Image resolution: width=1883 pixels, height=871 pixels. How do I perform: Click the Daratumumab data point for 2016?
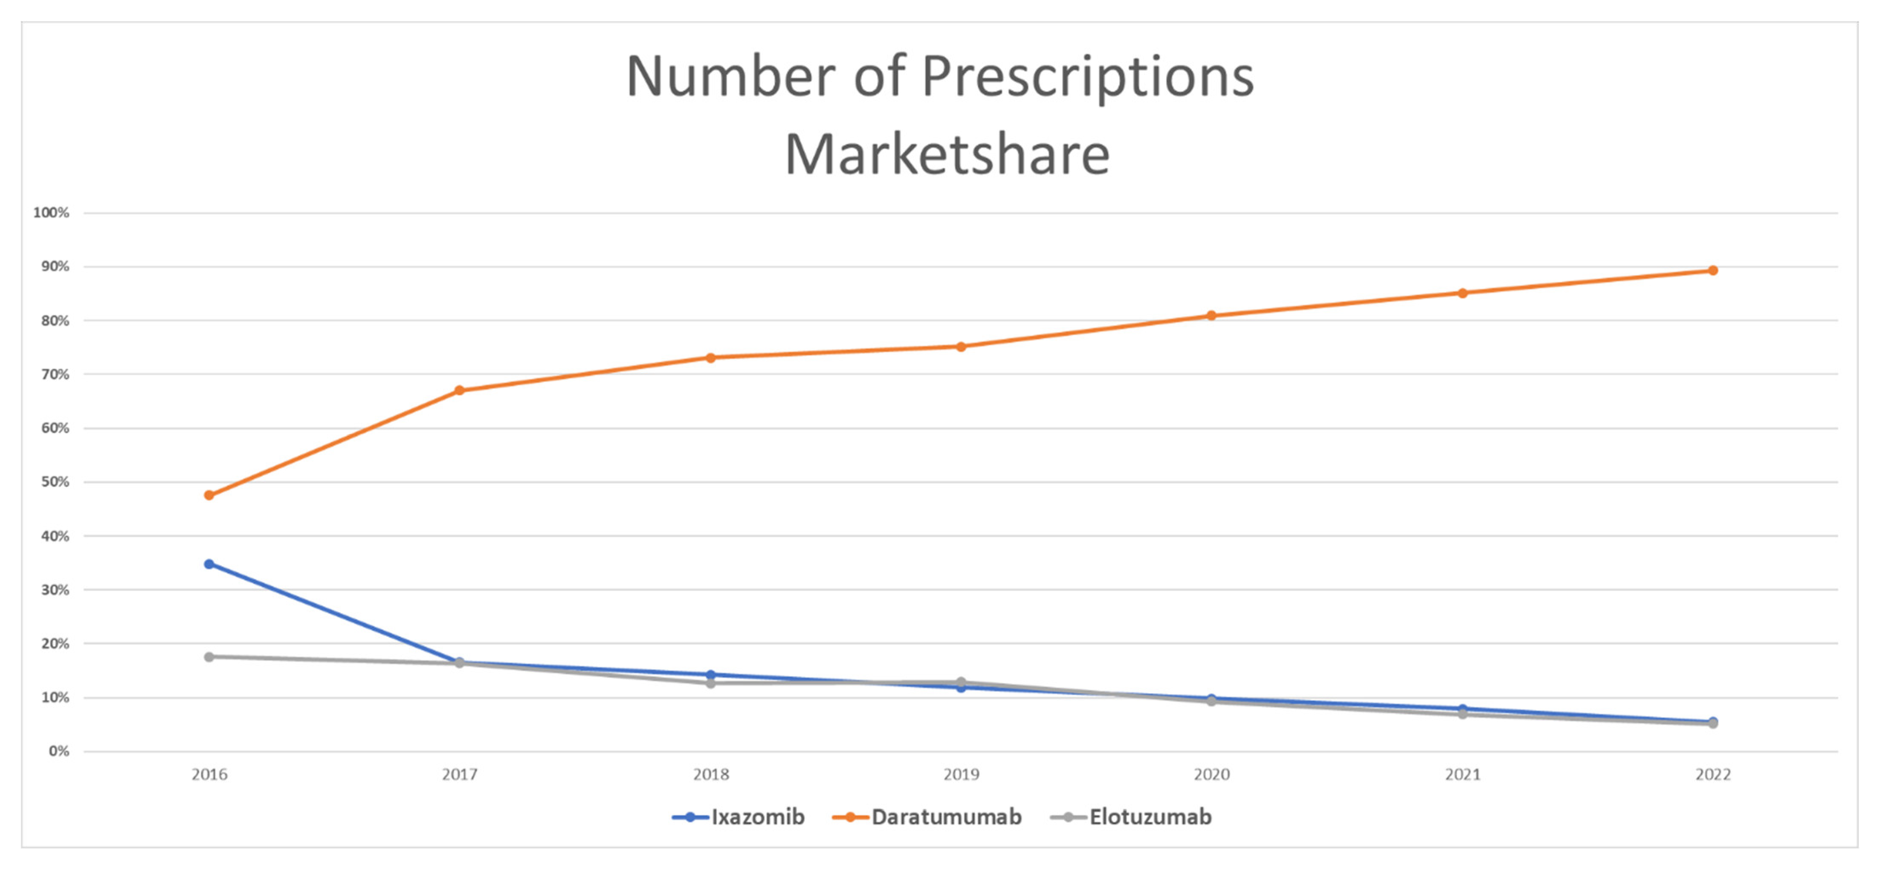(x=209, y=495)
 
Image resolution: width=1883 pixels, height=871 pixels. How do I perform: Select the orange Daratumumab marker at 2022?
(x=1713, y=270)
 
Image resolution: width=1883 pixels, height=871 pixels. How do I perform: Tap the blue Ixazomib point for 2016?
(x=209, y=564)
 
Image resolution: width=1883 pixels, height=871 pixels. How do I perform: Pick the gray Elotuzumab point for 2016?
(x=209, y=657)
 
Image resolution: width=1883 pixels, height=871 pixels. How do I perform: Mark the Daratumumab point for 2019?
(x=961, y=346)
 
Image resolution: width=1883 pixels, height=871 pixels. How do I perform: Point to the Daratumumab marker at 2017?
(x=460, y=390)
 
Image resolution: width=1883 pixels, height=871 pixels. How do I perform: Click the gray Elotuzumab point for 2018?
(x=710, y=683)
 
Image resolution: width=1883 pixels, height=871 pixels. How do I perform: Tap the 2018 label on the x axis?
(x=710, y=775)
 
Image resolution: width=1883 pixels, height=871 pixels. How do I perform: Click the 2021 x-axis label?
(x=1462, y=775)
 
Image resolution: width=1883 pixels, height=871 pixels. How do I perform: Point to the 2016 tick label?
(x=209, y=775)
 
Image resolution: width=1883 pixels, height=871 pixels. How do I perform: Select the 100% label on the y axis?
(x=51, y=213)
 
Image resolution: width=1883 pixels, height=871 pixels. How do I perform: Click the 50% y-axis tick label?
(x=55, y=482)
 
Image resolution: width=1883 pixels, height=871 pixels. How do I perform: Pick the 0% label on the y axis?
(x=58, y=751)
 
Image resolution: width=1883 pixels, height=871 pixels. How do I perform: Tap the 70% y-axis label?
(x=55, y=374)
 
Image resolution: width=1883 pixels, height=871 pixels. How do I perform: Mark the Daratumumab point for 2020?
(x=1211, y=315)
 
